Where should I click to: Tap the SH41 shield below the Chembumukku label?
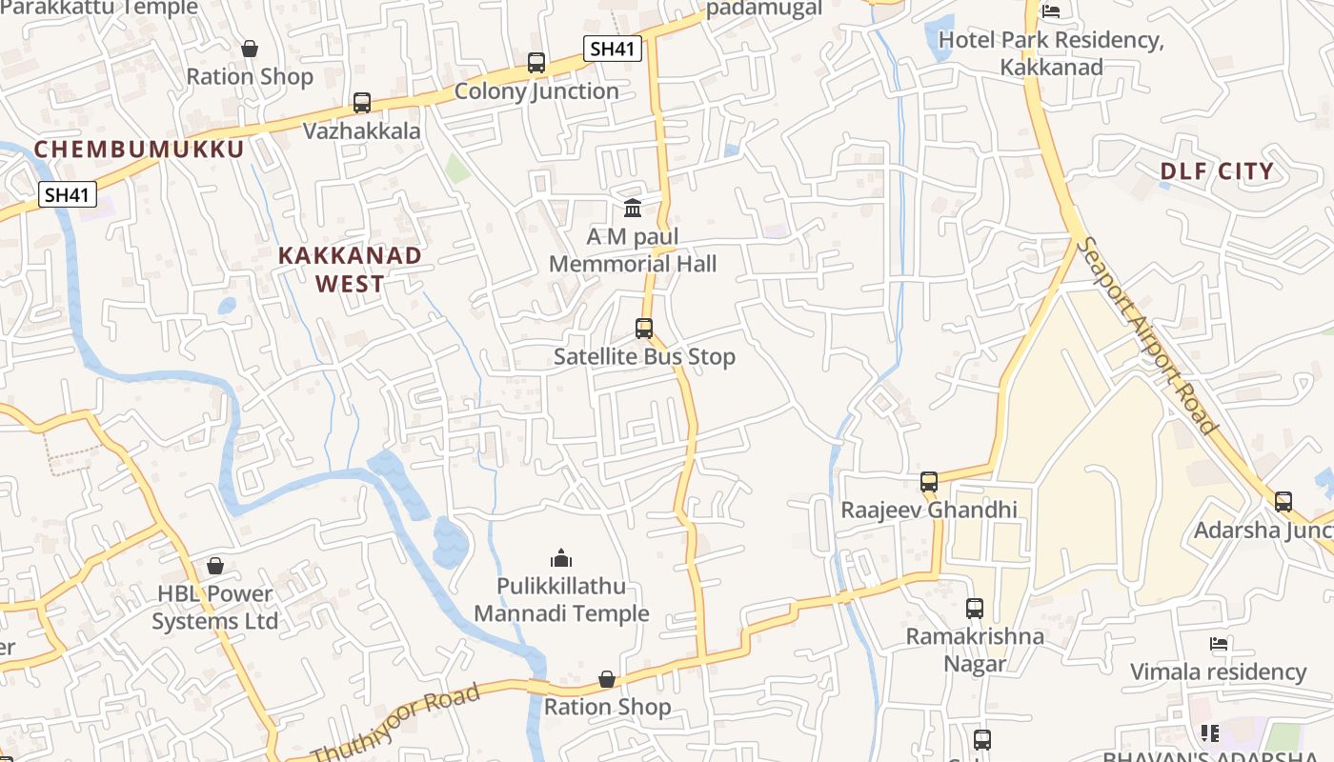coord(68,195)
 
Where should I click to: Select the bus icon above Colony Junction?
coord(536,63)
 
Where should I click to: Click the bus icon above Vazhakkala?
coord(361,103)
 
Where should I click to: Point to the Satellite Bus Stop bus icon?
coord(644,329)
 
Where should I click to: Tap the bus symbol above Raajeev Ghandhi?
coord(929,481)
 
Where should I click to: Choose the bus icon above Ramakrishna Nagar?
coord(974,608)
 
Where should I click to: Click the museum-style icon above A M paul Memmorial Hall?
coord(633,208)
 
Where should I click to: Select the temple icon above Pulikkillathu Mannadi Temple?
coord(561,557)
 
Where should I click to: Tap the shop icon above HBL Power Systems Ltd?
coord(215,566)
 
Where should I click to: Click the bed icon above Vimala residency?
coord(1218,644)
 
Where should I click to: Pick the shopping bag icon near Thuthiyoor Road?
coord(607,679)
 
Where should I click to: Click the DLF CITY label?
coord(1217,171)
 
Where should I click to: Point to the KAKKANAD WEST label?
coord(350,270)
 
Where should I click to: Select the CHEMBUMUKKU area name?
coord(139,150)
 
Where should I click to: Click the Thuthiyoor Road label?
coord(396,726)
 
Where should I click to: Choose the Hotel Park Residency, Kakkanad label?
coord(1051,53)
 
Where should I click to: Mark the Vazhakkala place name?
coord(362,131)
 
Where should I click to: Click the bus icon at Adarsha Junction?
coord(1283,501)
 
